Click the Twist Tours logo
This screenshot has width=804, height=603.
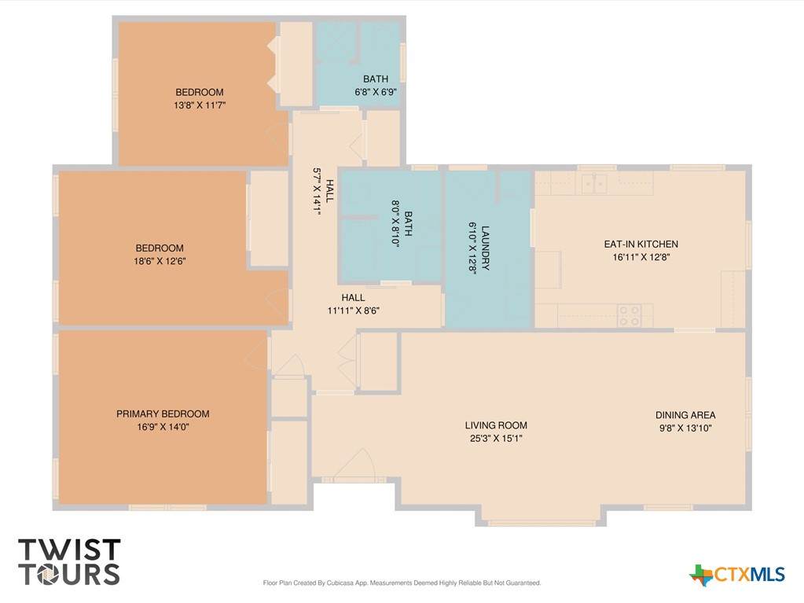click(x=69, y=561)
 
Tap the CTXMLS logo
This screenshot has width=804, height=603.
click(x=737, y=575)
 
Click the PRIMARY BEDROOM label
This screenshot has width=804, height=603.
click(x=163, y=414)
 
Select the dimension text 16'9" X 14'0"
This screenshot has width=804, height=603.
click(x=163, y=427)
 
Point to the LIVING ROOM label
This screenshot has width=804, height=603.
click(x=496, y=425)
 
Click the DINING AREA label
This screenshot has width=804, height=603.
click(x=685, y=415)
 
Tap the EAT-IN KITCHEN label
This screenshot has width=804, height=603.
click(x=641, y=244)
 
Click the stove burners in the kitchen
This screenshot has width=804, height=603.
click(x=630, y=314)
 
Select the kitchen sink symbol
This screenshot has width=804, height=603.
click(x=594, y=183)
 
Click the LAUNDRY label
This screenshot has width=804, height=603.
click(x=485, y=248)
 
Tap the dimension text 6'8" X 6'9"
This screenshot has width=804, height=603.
click(x=376, y=92)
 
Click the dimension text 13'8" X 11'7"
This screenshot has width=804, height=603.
click(x=200, y=105)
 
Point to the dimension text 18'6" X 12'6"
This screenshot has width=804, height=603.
click(x=160, y=260)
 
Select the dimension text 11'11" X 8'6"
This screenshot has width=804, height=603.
click(x=354, y=311)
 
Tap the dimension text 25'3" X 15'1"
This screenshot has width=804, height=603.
click(x=496, y=438)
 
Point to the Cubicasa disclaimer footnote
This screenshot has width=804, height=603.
click(x=402, y=583)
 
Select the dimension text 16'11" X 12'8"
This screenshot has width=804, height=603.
click(x=641, y=257)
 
